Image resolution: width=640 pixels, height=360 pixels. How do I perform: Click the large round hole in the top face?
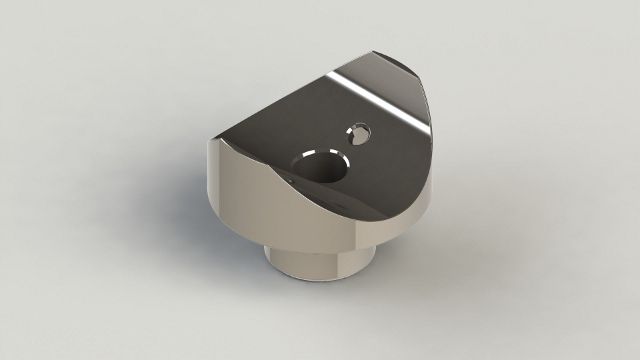tap(319, 166)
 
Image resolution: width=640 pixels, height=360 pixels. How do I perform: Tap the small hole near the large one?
tap(358, 132)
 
